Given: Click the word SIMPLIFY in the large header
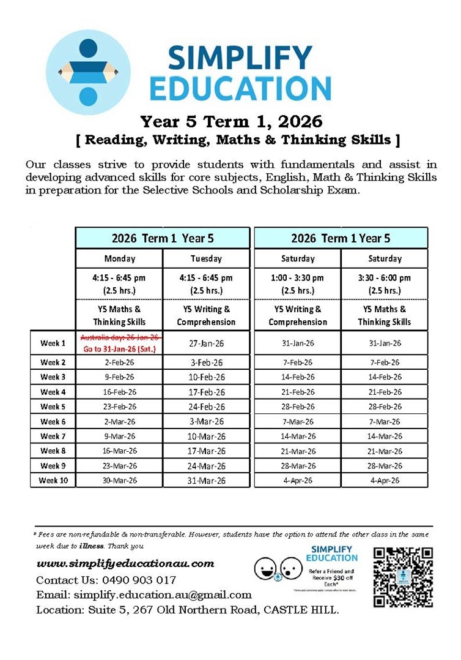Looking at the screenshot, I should [x=240, y=59].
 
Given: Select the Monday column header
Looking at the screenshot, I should [x=119, y=258].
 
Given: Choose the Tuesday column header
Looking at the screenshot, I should [x=206, y=258].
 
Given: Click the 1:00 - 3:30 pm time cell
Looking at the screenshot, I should [x=298, y=283].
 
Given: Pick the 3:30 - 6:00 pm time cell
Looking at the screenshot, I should [x=385, y=283].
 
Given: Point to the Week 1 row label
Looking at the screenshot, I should [x=53, y=343].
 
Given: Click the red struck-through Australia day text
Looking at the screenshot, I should [x=120, y=337].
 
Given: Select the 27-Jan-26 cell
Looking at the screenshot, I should [x=206, y=343].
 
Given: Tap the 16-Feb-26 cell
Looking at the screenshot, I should [x=120, y=392].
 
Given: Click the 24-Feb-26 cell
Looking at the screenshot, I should [x=206, y=407].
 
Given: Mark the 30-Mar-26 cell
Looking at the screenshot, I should [x=120, y=480].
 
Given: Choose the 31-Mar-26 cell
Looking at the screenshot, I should [x=206, y=481].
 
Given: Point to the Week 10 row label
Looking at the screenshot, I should [x=53, y=480].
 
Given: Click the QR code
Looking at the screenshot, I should [x=403, y=577].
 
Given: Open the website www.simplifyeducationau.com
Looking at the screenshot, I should [x=125, y=563].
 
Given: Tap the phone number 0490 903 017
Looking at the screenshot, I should [x=141, y=579].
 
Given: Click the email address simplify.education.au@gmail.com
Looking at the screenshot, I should [x=163, y=594].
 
